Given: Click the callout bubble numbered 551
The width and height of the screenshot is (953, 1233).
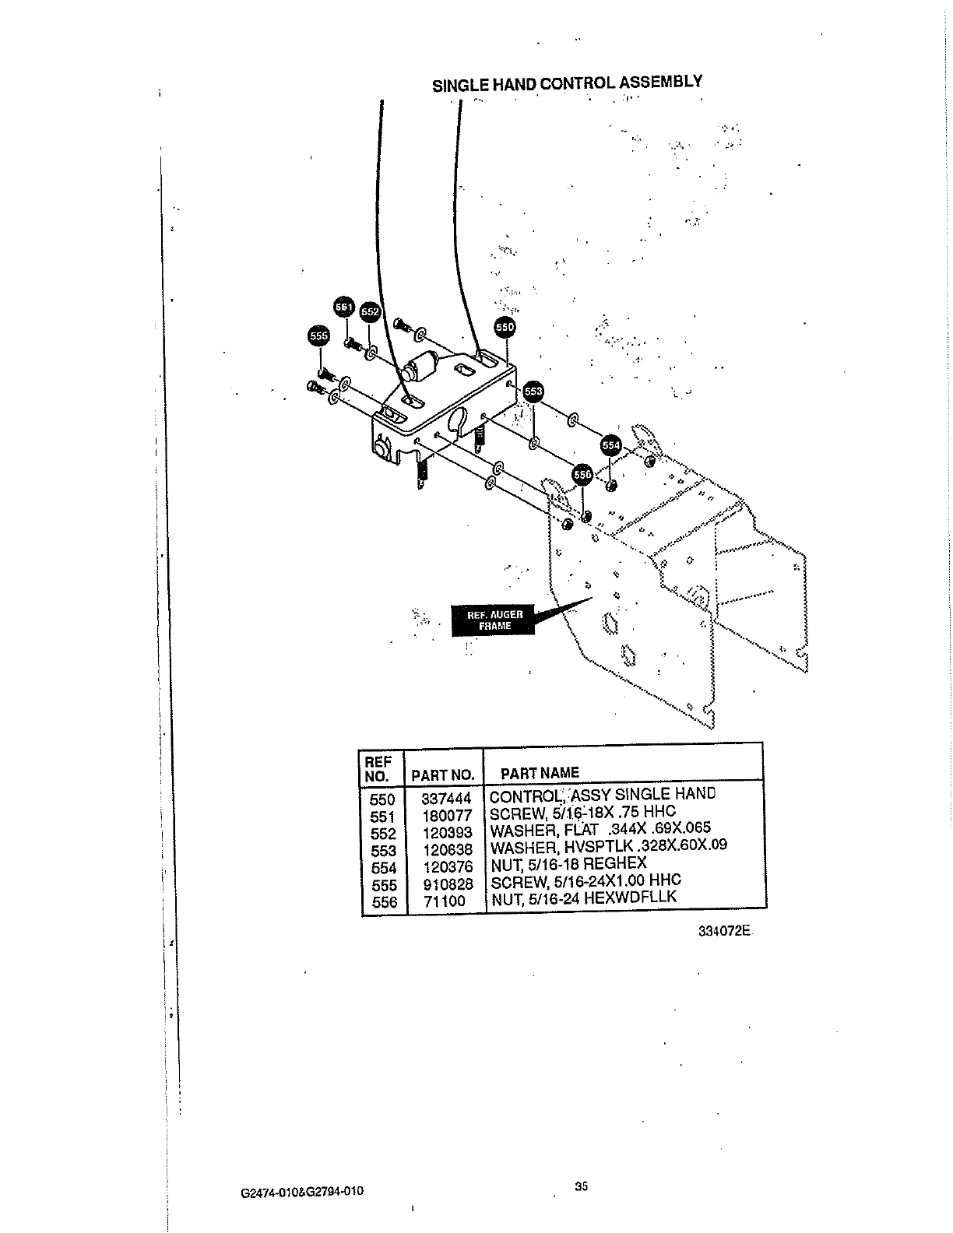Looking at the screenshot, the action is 343,307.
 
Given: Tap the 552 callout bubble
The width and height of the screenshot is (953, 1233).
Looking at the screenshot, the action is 370,312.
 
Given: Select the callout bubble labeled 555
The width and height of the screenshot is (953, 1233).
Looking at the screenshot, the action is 319,335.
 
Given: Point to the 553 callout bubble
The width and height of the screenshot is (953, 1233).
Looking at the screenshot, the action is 533,392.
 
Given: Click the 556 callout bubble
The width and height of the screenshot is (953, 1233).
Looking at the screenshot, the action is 582,473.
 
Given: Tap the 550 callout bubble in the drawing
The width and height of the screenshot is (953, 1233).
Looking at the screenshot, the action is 505,328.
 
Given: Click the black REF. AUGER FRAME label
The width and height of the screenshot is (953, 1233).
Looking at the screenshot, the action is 488,620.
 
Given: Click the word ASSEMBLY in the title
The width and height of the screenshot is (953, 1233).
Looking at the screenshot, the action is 662,82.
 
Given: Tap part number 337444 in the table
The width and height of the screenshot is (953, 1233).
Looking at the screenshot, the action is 446,799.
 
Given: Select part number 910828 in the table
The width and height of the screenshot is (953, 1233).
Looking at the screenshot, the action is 448,885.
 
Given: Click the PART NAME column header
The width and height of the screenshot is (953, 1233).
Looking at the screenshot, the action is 540,773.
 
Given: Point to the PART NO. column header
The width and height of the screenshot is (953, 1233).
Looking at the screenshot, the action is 442,775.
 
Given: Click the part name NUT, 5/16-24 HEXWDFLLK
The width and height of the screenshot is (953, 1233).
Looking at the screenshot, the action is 583,898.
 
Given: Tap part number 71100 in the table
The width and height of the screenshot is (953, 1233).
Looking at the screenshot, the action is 445,901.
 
